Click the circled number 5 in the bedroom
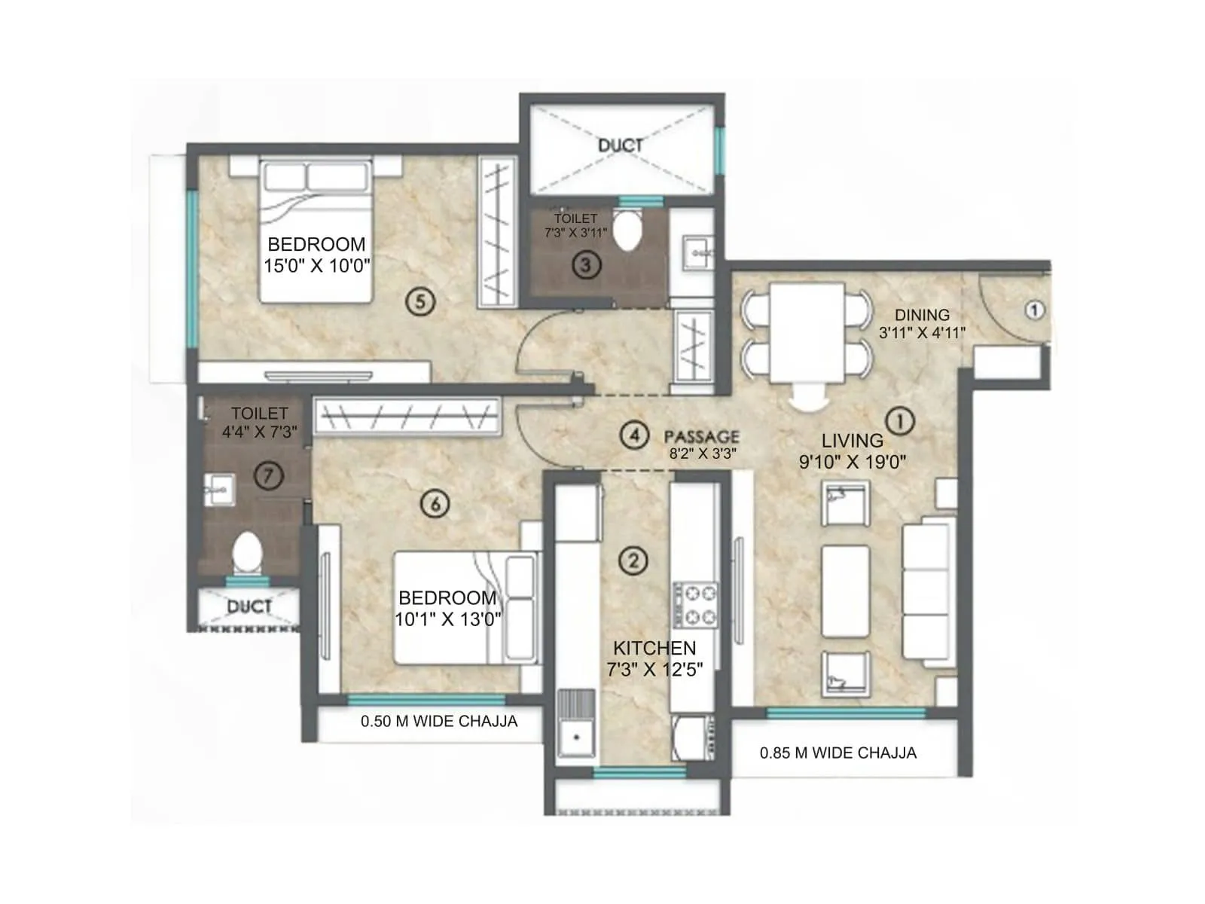click(x=420, y=302)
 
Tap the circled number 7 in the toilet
click(x=268, y=475)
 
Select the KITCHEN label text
click(x=654, y=648)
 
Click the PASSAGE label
click(x=701, y=437)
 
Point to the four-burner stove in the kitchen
click(x=695, y=605)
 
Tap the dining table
click(x=806, y=331)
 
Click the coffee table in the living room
click(x=846, y=592)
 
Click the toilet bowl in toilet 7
click(x=247, y=554)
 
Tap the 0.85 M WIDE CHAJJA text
click(x=837, y=753)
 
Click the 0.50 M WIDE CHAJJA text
click(x=439, y=722)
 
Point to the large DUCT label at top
click(x=621, y=145)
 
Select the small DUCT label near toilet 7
click(x=249, y=606)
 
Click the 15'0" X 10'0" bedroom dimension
click(x=316, y=266)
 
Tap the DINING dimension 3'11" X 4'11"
click(x=922, y=332)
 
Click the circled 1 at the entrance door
click(x=1035, y=310)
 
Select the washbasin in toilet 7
click(x=219, y=490)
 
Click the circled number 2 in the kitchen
click(x=633, y=560)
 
